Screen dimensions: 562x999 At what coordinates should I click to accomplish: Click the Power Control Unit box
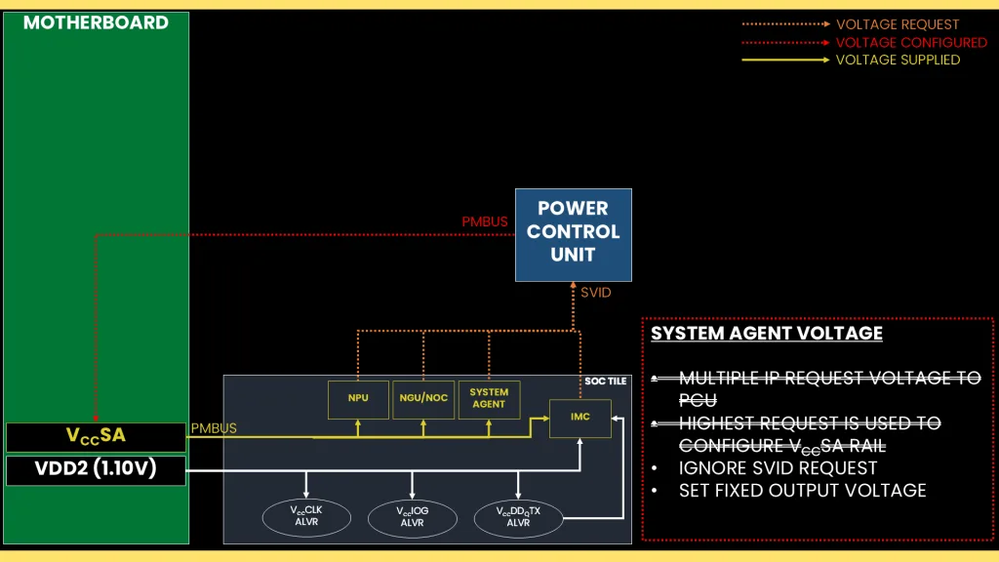click(x=574, y=234)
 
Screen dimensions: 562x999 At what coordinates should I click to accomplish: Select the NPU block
click(x=357, y=398)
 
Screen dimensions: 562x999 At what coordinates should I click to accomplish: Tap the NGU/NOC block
click(x=423, y=398)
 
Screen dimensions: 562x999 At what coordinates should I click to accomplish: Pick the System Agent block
click(x=489, y=398)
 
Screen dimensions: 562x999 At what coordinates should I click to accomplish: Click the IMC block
click(x=581, y=417)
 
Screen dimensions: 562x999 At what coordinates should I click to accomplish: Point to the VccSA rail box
click(x=96, y=436)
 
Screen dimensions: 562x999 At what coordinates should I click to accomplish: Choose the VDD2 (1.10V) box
click(x=96, y=470)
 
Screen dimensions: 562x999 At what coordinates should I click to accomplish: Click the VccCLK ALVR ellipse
click(x=306, y=516)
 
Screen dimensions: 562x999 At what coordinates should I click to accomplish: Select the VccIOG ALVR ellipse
click(x=412, y=516)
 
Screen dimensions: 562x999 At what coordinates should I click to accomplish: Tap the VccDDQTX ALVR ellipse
click(x=518, y=516)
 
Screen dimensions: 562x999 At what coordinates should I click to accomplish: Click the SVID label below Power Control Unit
click(x=595, y=293)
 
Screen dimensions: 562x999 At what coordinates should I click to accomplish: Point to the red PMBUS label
click(x=485, y=222)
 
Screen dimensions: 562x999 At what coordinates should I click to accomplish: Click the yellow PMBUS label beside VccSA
click(x=214, y=428)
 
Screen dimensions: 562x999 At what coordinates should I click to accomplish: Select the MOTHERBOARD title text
click(x=96, y=22)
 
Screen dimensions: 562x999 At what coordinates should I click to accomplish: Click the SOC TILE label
click(x=605, y=381)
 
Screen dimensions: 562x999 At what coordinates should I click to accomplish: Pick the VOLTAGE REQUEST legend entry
click(x=898, y=24)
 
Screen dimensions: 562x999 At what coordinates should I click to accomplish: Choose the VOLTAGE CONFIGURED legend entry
click(x=911, y=42)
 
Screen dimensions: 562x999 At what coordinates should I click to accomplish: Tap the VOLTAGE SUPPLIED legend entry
click(x=898, y=60)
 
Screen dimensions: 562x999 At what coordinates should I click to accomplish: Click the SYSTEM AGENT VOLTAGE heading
click(x=767, y=334)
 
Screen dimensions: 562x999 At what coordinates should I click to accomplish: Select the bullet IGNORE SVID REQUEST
click(x=778, y=468)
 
